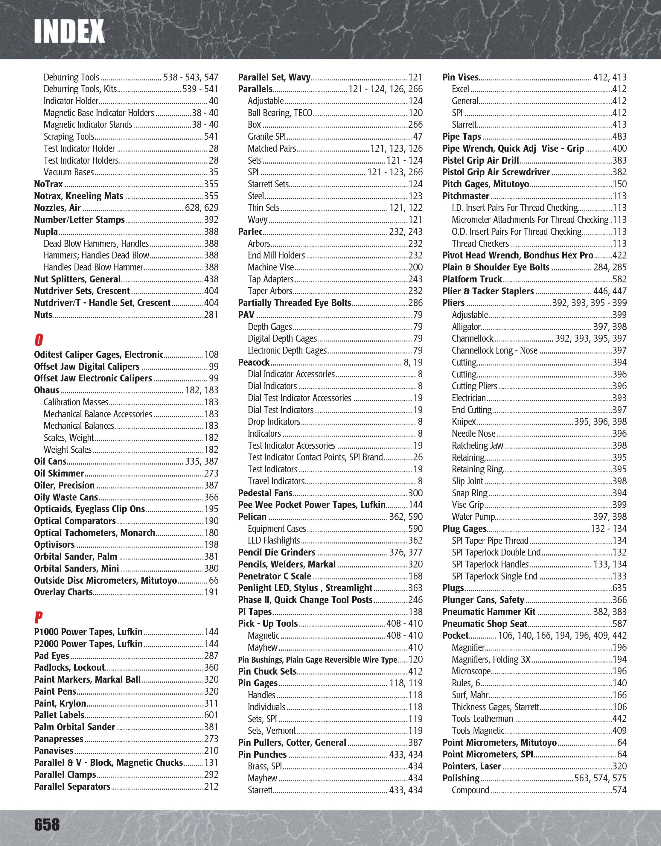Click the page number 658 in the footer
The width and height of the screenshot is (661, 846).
(47, 824)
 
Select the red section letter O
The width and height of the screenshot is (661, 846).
(38, 340)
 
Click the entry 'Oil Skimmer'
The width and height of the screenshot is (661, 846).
(59, 473)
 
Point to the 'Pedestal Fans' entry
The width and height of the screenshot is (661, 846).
(265, 493)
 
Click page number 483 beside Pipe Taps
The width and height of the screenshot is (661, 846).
(619, 137)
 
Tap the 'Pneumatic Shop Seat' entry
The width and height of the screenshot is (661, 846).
(485, 624)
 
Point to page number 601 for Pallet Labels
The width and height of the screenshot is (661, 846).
(211, 715)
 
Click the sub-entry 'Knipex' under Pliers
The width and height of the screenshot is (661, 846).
(464, 422)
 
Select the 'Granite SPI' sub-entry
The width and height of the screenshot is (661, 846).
(267, 137)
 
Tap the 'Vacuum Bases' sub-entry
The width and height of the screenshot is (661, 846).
(68, 172)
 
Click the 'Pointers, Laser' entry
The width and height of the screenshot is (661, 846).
(472, 766)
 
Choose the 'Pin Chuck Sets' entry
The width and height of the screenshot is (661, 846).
(267, 671)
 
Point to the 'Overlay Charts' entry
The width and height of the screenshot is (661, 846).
(63, 592)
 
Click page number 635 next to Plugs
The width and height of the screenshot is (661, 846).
(619, 588)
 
